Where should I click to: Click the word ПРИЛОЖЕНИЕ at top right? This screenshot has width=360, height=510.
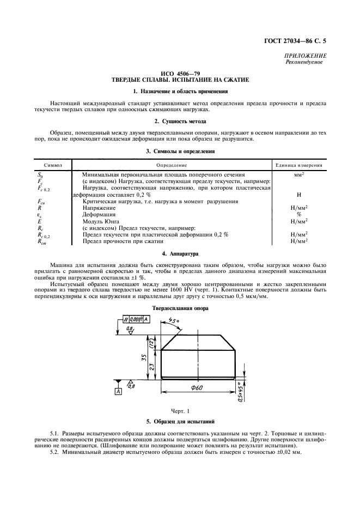[x=306, y=56]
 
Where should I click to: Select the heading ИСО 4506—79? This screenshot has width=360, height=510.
[x=180, y=73]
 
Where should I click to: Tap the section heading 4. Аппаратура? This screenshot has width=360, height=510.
[x=180, y=254]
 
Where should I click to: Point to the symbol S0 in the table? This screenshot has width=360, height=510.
[x=40, y=175]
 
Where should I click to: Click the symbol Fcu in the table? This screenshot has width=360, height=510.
[x=41, y=202]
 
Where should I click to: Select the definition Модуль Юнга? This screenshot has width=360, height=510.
[x=101, y=221]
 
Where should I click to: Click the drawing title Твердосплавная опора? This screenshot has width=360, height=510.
[x=180, y=308]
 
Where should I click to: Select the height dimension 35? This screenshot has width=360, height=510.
[x=141, y=359]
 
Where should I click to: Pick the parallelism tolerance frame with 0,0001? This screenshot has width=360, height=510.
[x=134, y=320]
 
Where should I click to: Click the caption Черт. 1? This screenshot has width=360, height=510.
[x=180, y=409]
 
